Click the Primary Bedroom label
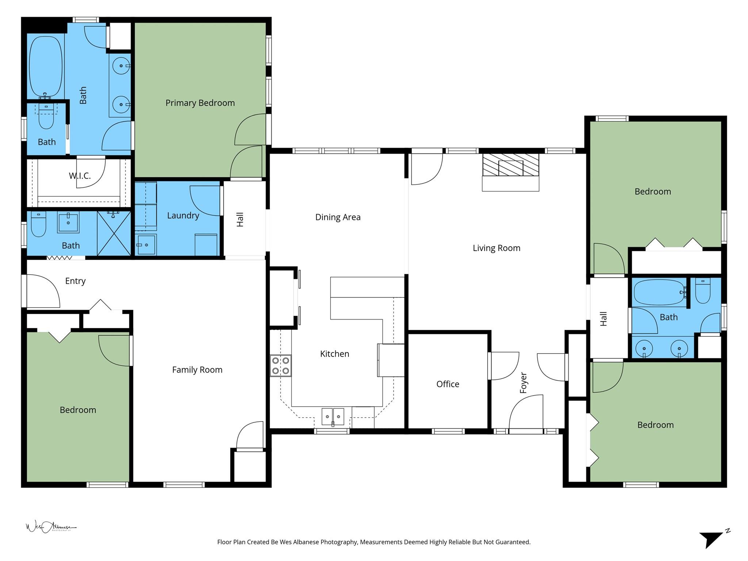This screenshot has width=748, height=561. (200, 103)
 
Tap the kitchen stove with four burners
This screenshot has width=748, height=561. (280, 366)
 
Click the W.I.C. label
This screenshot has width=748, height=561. (80, 176)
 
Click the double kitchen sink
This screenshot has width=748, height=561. (333, 416)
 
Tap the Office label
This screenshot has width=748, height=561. (447, 384)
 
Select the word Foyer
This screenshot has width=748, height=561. (523, 383)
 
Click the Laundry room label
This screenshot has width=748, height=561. (183, 215)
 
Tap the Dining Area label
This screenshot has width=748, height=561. (337, 217)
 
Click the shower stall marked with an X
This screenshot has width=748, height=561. (114, 233)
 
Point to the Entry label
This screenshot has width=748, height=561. (75, 281)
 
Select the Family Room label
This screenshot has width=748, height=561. (197, 370)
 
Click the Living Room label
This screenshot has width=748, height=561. (496, 248)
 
